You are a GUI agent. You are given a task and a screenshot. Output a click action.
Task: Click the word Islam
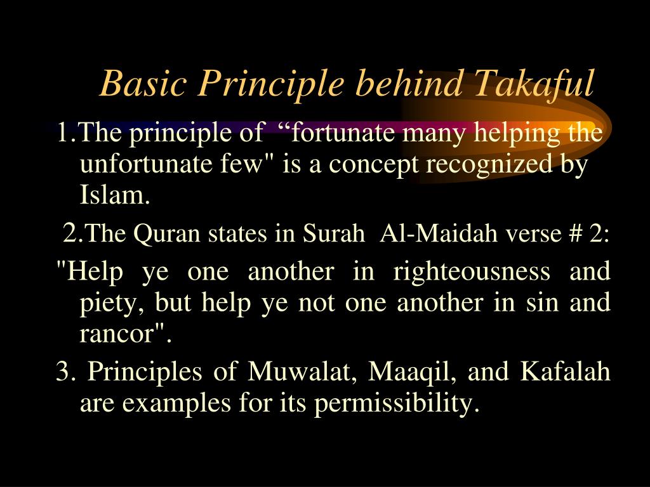(x=114, y=196)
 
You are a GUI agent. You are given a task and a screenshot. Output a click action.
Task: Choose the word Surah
(x=333, y=235)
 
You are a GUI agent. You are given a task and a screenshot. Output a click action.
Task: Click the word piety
(x=112, y=304)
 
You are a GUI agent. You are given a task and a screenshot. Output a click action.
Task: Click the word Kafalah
(x=566, y=372)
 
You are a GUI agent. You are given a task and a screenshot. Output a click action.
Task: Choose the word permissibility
(x=397, y=403)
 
